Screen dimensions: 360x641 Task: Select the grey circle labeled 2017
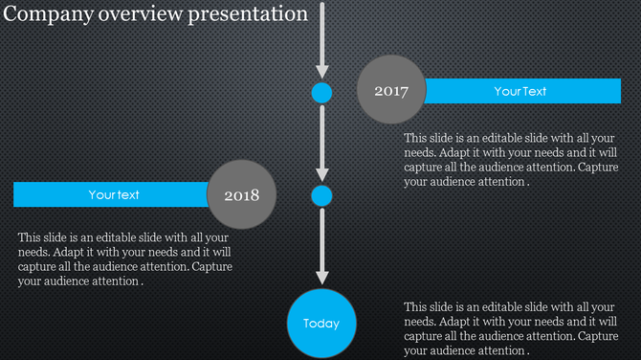coord(390,91)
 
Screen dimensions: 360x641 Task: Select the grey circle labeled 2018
coord(241,194)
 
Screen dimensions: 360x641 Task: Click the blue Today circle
coord(321,323)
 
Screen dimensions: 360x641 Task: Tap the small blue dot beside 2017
coord(321,93)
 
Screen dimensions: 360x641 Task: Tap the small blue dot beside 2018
coord(321,196)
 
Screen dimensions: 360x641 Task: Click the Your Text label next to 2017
coord(520,91)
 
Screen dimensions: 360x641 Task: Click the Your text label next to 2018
coord(114,194)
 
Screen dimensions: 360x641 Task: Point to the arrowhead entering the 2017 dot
coord(321,72)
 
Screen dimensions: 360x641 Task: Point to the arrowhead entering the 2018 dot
coord(321,175)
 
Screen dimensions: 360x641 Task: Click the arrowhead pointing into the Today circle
coord(321,279)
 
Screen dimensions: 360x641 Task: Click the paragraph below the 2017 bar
coord(511,159)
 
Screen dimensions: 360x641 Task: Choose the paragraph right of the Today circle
coord(511,328)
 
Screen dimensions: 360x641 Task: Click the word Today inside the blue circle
coord(321,324)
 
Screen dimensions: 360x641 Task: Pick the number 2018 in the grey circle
coord(241,195)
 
